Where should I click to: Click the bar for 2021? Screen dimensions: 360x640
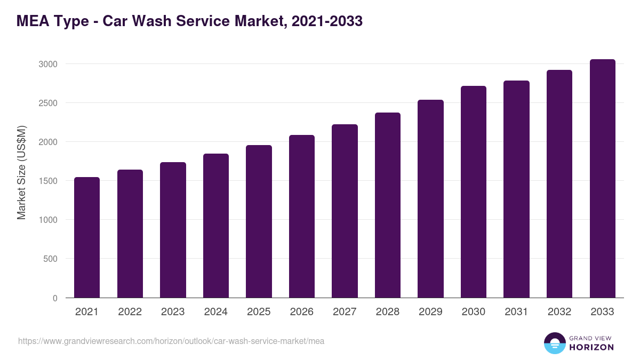tap(87, 237)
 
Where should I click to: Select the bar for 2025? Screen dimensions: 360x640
tap(259, 221)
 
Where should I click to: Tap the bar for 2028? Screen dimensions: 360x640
tap(388, 205)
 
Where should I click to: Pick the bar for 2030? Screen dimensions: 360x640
tap(474, 192)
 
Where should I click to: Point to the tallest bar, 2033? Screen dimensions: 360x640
tap(602, 179)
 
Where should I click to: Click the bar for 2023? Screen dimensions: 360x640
tap(173, 230)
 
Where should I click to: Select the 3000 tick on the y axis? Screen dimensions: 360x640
tap(47, 64)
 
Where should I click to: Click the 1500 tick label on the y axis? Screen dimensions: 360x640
tap(47, 181)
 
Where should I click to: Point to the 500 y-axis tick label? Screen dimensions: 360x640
tap(50, 259)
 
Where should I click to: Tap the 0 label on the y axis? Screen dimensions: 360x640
tap(55, 298)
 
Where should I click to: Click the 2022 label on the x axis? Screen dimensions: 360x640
tap(130, 312)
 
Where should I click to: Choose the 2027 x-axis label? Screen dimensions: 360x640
tap(345, 312)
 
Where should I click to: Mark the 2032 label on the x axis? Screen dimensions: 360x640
tap(559, 312)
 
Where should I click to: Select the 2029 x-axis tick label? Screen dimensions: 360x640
tap(430, 312)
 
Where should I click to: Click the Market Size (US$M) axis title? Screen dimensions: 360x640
tap(21, 173)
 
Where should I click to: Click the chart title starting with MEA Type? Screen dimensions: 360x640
tap(189, 21)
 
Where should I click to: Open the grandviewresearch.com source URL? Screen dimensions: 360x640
tap(171, 341)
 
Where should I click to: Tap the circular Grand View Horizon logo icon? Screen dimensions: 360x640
tap(554, 343)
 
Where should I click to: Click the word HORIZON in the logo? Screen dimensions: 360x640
tap(591, 347)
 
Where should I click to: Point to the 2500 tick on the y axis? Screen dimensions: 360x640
tap(47, 103)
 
